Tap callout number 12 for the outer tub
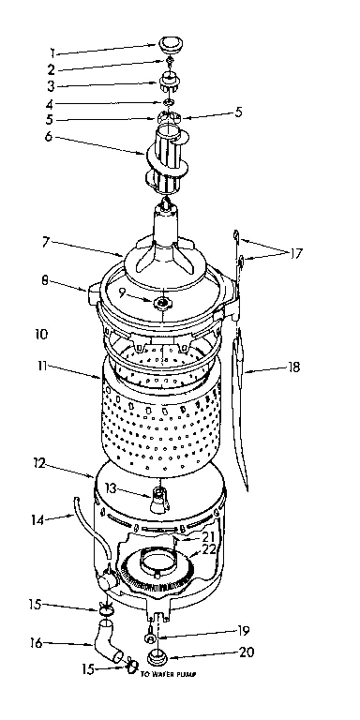coord(37,463)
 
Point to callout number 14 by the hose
coord(37,517)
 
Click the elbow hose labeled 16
coord(109,648)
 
